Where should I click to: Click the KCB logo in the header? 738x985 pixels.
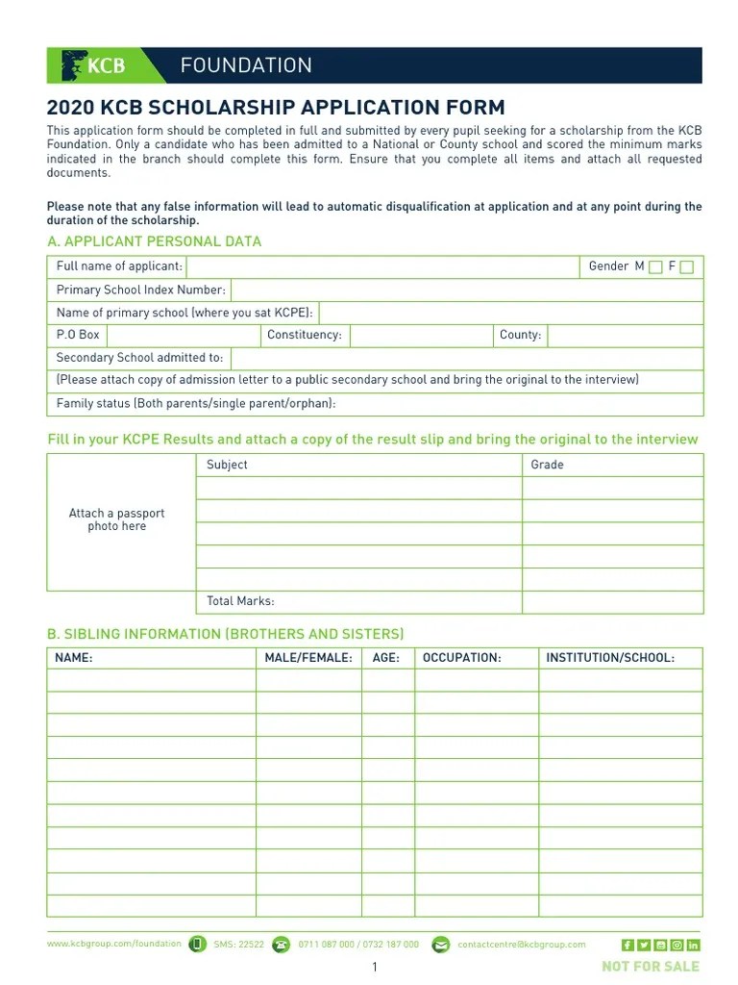coord(93,65)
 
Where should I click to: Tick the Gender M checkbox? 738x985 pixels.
coord(655,267)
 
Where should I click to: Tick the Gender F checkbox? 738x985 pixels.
coord(686,267)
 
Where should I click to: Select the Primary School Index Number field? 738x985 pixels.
coord(466,290)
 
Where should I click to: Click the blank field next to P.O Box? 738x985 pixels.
coord(183,335)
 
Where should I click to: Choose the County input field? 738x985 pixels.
coord(624,335)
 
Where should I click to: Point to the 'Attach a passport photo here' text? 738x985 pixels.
coord(116,520)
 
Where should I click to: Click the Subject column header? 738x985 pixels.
coord(227,465)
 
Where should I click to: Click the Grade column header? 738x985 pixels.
coord(548,465)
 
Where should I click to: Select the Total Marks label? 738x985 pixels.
coord(240,601)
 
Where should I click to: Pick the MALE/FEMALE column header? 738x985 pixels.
coord(308,658)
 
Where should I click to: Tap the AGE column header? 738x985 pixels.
coord(386,658)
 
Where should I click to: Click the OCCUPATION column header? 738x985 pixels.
coord(462,658)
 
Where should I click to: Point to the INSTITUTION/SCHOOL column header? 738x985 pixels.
coord(610,658)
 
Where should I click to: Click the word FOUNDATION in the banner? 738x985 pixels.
coord(246,65)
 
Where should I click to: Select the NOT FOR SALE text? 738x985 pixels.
coord(651,966)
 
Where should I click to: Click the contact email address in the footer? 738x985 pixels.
coord(522,945)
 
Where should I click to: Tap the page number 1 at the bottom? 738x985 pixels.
coord(375,967)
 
